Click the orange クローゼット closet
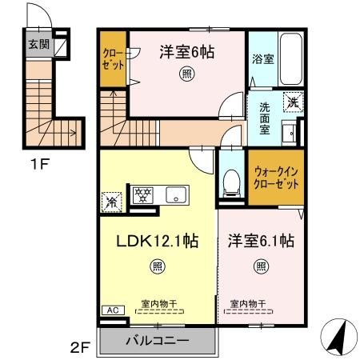pyautogui.click(x=113, y=59)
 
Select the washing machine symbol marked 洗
pyautogui.click(x=294, y=102)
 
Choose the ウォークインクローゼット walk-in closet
pyautogui.click(x=276, y=177)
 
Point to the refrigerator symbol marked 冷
pyautogui.click(x=111, y=200)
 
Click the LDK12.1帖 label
pyautogui.click(x=159, y=240)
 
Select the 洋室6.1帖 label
pyautogui.click(x=260, y=240)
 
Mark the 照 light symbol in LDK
pyautogui.click(x=158, y=266)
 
